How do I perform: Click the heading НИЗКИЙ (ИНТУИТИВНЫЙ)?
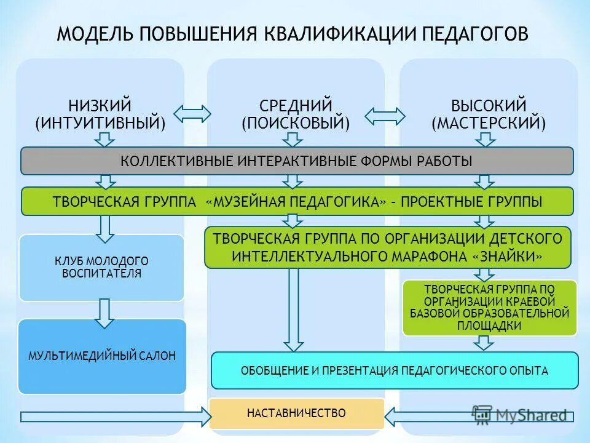point(100,114)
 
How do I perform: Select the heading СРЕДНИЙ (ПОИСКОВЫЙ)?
point(296,114)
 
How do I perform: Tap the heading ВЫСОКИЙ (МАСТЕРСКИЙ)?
point(489,114)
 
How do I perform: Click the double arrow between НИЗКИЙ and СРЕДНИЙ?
point(192,113)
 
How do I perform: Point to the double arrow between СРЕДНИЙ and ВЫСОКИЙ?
point(385,115)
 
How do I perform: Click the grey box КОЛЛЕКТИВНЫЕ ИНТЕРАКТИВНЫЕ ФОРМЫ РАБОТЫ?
point(297,161)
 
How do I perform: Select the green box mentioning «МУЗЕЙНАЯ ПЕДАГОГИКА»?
point(297,201)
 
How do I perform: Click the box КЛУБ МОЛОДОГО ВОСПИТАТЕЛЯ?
point(101,268)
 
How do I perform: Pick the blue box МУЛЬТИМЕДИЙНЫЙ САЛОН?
point(101,356)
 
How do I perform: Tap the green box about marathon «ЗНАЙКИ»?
point(387,247)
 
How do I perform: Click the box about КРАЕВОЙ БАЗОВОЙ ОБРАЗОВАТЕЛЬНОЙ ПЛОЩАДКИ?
point(490,308)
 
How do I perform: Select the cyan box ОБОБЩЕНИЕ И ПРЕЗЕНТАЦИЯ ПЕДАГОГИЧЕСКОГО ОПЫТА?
point(395,371)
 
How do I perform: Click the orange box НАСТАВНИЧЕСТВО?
point(296,413)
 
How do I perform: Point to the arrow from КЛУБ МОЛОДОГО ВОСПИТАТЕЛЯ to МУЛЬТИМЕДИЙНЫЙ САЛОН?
point(104,313)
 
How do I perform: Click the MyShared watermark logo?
point(519,415)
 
